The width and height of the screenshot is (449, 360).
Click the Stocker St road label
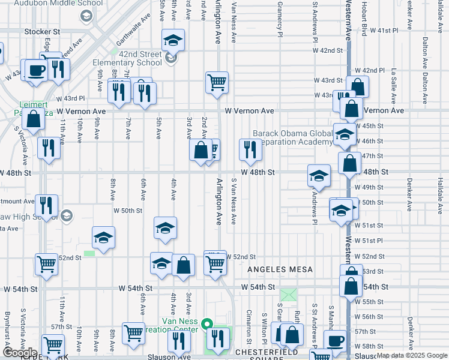click(43, 31)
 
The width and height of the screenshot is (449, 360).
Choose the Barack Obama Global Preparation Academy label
click(292, 137)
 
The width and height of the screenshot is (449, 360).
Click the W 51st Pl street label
click(369, 241)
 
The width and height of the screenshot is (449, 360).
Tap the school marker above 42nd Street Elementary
click(173, 40)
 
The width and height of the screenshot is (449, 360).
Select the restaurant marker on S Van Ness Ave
click(250, 149)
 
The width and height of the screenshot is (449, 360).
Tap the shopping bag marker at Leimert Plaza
click(34, 119)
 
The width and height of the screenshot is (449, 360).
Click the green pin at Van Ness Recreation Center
click(207, 325)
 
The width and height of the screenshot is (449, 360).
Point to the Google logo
click(20, 353)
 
